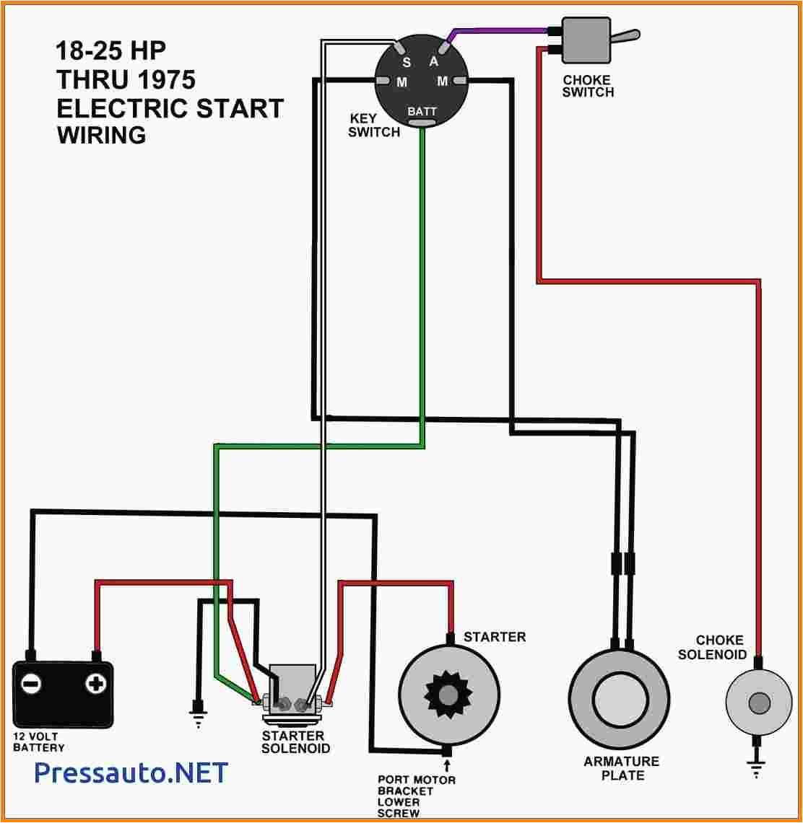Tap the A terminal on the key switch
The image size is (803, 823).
434,61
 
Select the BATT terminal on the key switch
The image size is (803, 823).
422,112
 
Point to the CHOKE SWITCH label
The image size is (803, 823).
588,86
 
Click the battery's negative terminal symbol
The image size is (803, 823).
31,683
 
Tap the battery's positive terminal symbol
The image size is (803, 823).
95,683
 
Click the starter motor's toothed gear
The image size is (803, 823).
448,694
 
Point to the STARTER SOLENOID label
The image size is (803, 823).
295,742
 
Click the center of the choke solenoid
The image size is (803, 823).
758,702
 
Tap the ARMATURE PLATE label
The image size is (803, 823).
622,768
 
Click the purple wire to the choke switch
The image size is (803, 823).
498,31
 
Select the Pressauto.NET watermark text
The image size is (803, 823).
131,773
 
